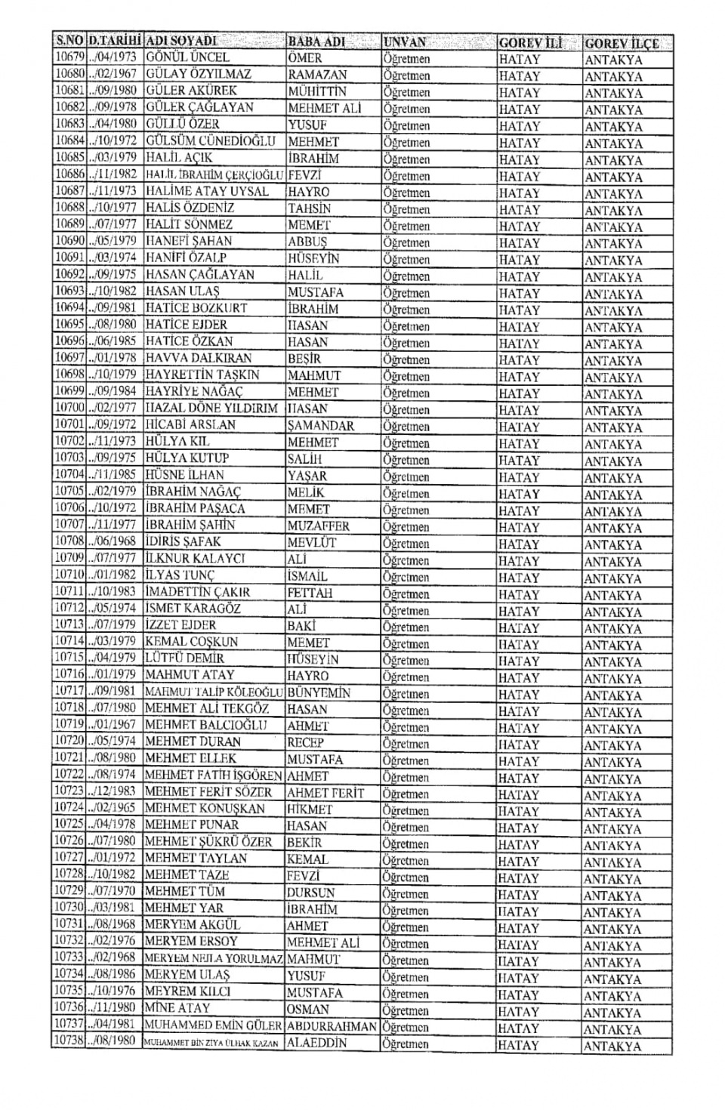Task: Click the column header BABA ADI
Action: tap(316, 42)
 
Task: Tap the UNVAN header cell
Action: tap(405, 42)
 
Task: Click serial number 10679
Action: tap(68, 57)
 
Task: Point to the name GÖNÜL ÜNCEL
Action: tap(187, 57)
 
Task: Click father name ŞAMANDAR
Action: tap(320, 425)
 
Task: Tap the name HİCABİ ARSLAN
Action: tap(190, 424)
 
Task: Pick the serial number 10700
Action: tap(68, 408)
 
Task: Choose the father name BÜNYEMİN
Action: tap(318, 692)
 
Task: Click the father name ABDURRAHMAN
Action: tap(332, 1026)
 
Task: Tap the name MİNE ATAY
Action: tap(177, 1008)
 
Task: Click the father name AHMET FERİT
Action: tap(325, 793)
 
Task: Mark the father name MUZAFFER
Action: tap(318, 526)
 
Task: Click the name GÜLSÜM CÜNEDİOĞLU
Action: tap(210, 141)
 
